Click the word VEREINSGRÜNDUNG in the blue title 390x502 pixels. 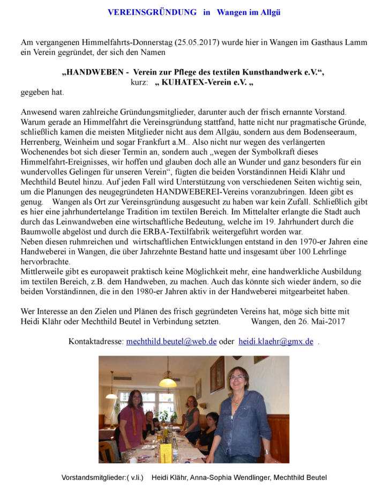pyautogui.click(x=152, y=12)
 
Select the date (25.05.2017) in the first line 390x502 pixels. pyautogui.click(x=194, y=42)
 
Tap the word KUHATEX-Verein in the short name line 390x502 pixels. pyautogui.click(x=194, y=83)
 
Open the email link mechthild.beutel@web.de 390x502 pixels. pyautogui.click(x=171, y=341)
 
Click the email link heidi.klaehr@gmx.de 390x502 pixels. pyautogui.click(x=276, y=341)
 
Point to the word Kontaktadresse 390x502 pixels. pyautogui.click(x=96, y=341)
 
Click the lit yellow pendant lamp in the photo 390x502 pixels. pyautogui.click(x=167, y=382)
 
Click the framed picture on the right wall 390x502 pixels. pyautogui.click(x=217, y=373)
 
